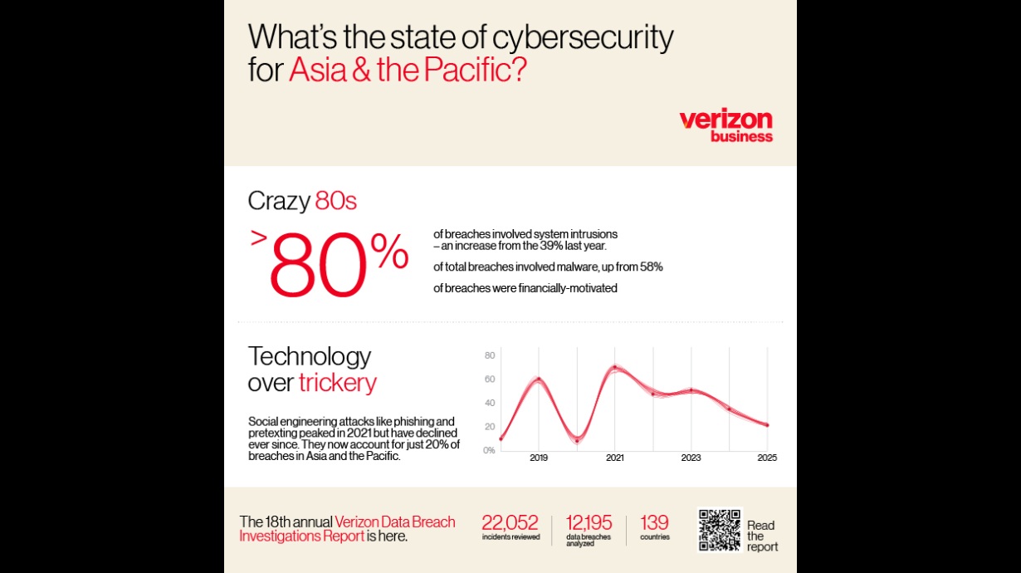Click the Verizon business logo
coord(725,125)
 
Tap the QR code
coord(719,530)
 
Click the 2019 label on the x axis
coord(539,458)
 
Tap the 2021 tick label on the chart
coord(615,458)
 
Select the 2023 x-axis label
coord(691,458)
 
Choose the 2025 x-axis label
coord(767,458)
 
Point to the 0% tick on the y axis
coord(490,450)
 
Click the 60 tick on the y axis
coord(490,380)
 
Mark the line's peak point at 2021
coord(615,367)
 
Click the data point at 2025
coord(767,425)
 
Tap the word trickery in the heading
coord(338,383)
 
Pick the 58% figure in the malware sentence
coord(649,267)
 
